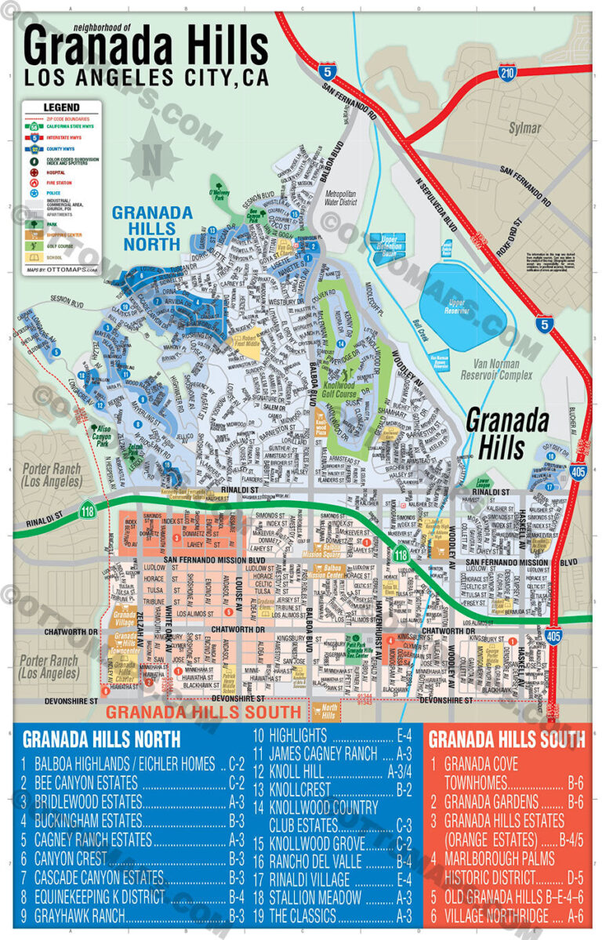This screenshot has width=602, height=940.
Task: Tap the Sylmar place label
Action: [x=524, y=127]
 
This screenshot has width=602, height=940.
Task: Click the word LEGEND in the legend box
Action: [x=60, y=107]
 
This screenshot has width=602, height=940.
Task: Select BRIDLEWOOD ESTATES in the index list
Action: [x=82, y=802]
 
